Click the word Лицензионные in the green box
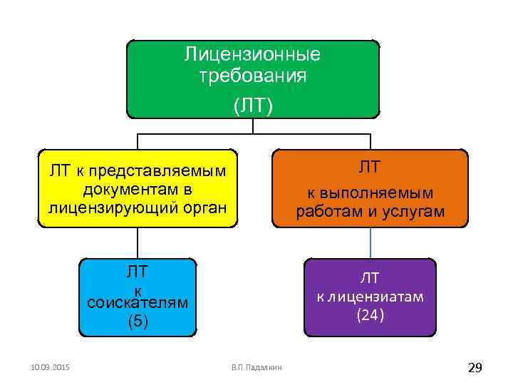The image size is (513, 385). [253, 54]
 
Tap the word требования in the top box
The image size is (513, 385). [253, 76]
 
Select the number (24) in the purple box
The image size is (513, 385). [370, 314]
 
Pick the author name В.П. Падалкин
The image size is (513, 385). [256, 367]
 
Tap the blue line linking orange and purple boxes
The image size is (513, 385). [370, 243]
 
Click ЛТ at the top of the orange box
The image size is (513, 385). [370, 168]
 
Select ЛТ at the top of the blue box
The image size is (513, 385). [137, 272]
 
